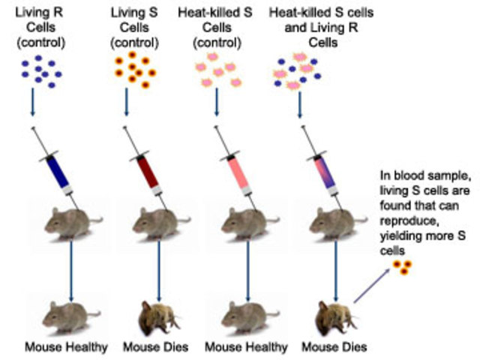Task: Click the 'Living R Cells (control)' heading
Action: click(x=43, y=25)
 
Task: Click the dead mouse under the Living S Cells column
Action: click(x=160, y=314)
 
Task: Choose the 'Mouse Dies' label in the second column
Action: click(x=160, y=347)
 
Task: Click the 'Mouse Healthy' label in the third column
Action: click(x=247, y=347)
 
